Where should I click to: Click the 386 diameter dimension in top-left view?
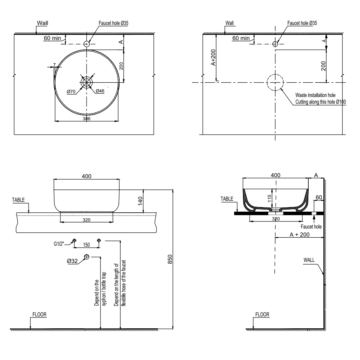pos(86,119)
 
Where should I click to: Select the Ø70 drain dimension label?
pos(72,91)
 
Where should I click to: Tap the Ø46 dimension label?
pos(100,91)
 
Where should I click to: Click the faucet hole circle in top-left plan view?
pos(86,44)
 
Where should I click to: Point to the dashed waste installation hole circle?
pos(275,83)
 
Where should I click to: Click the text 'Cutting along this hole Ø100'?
pos(320,102)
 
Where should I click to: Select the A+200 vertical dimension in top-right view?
pos(213,58)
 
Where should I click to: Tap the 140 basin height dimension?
pos(140,201)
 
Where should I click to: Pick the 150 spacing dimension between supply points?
pos(86,245)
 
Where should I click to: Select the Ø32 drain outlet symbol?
pos(86,256)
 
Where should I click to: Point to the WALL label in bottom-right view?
pos(309,261)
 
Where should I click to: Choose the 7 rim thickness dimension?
pos(54,65)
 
